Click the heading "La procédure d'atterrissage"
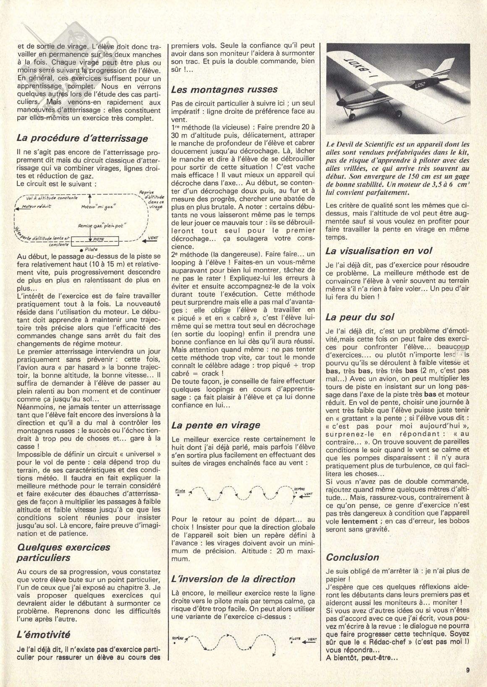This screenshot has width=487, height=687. pyautogui.click(x=82, y=138)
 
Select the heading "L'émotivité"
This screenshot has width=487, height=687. pyautogui.click(x=43, y=635)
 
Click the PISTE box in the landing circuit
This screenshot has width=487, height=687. pyautogui.click(x=97, y=239)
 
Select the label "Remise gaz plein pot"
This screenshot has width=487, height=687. pyautogui.click(x=105, y=226)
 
